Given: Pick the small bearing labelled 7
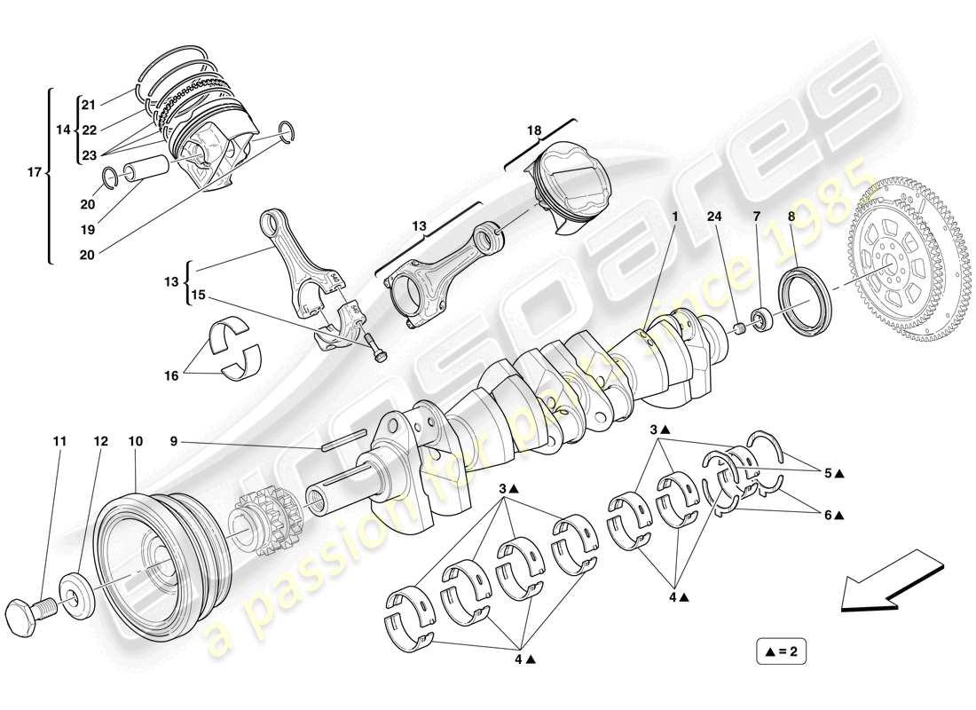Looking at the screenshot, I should [761, 319].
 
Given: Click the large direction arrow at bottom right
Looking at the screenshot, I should [890, 582].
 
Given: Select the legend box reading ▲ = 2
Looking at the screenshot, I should [782, 652].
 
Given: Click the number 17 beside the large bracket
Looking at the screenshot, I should [34, 172].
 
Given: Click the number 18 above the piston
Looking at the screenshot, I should [534, 130].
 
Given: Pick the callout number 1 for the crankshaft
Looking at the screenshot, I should [674, 216].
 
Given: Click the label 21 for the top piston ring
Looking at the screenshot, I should [88, 104].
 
